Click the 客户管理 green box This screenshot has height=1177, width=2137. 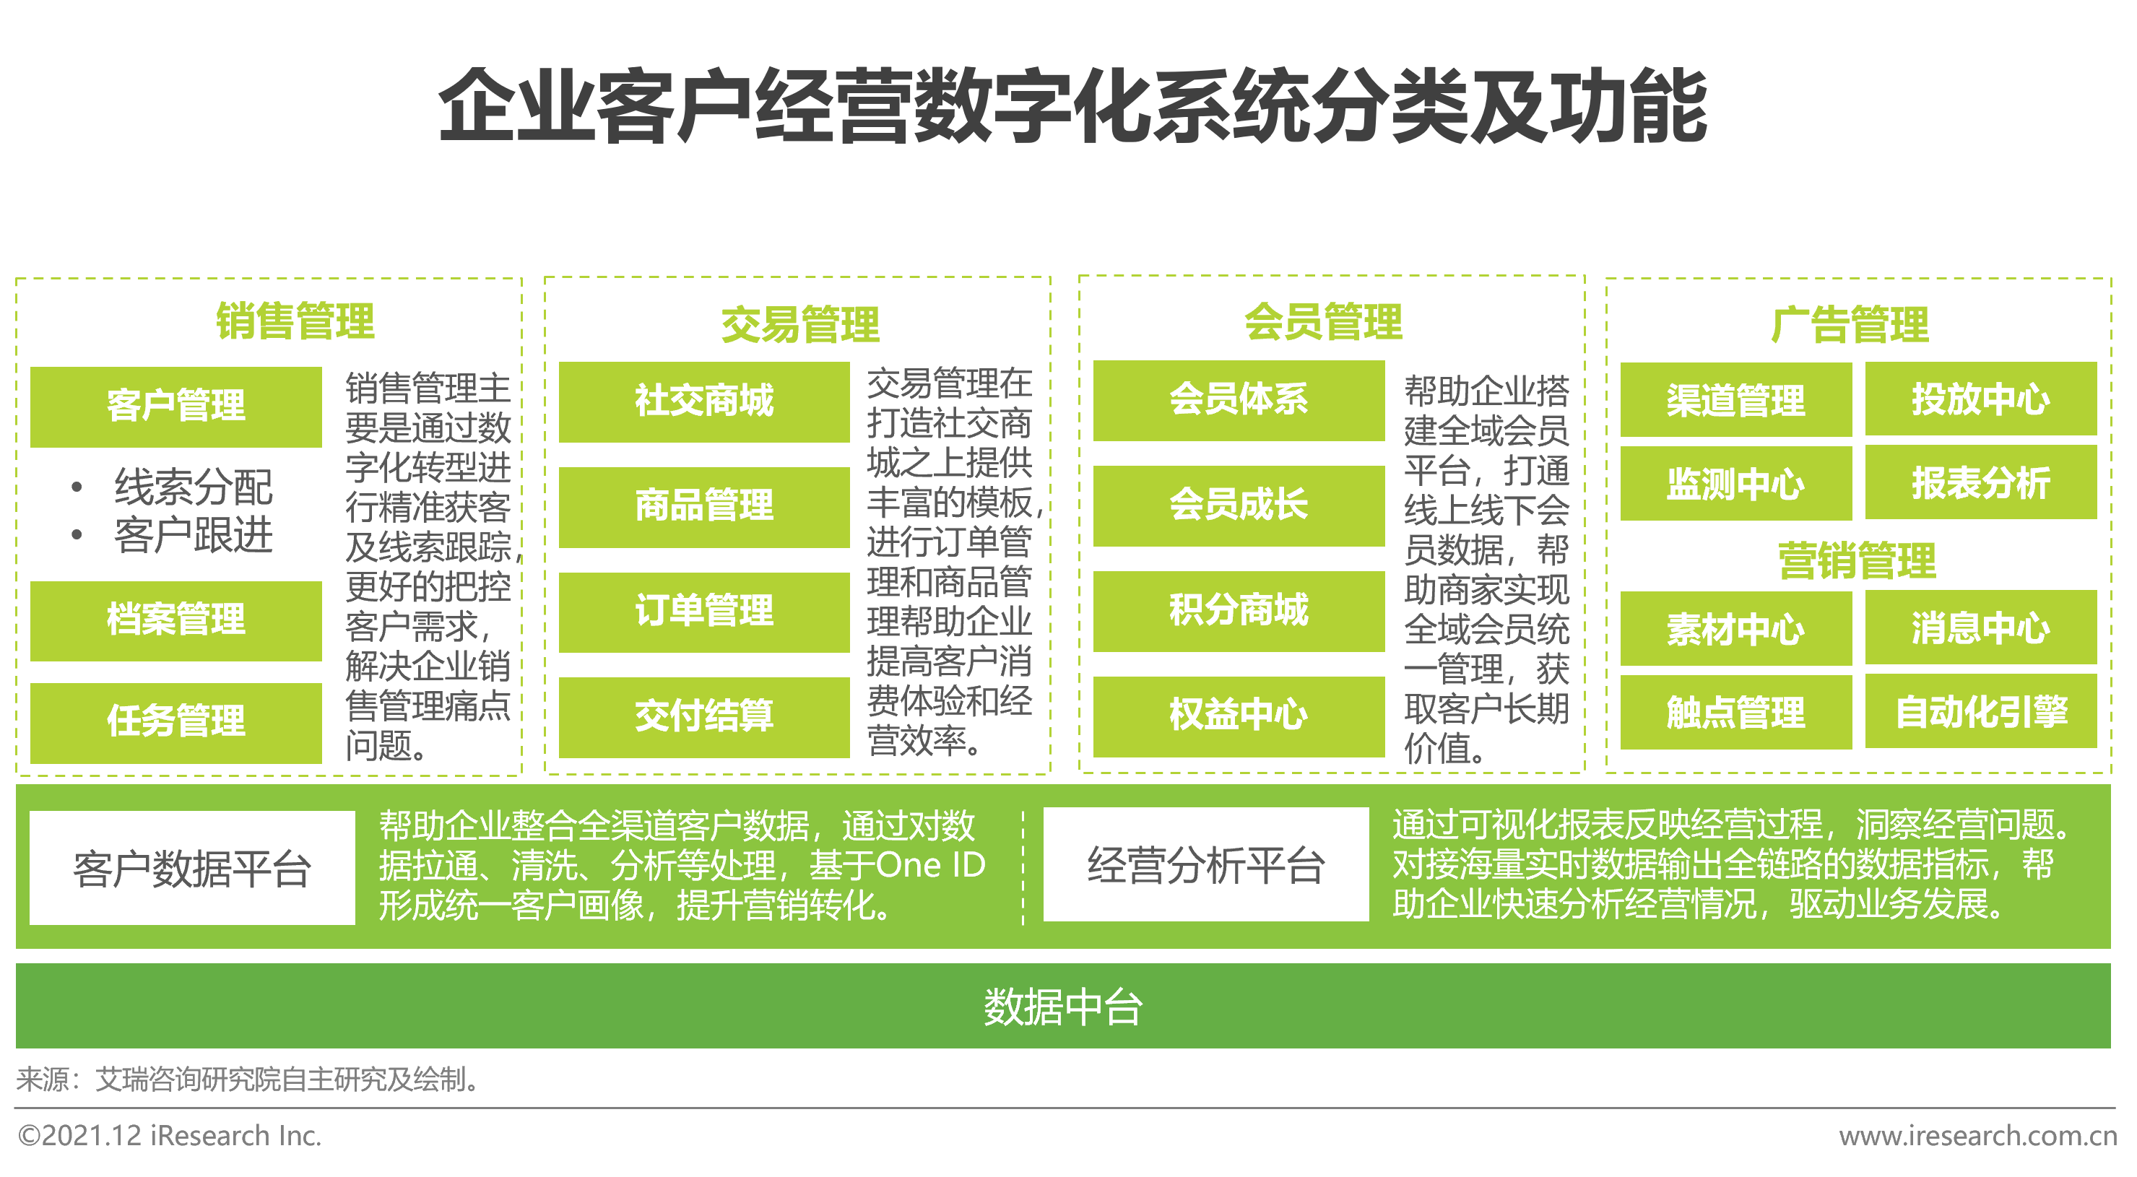pos(176,407)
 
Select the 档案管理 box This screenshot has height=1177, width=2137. pos(176,620)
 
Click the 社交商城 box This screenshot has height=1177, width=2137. pos(704,401)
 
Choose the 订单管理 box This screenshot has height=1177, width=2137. pos(704,612)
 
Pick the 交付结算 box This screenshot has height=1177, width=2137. pos(704,716)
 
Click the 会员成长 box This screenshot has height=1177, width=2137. pos(1239,505)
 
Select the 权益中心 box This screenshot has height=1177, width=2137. pos(1239,716)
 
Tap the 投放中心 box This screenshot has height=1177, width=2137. pos(1981,399)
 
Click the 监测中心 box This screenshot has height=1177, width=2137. pos(1736,484)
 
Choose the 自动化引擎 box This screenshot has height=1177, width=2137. pos(1981,712)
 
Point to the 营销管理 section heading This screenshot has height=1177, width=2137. pos(1858,561)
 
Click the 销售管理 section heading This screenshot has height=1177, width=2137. pos(295,321)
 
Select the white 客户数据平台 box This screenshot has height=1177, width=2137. pos(192,868)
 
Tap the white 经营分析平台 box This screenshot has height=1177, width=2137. pos(1206,864)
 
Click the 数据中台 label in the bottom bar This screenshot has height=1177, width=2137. pos(1064,1007)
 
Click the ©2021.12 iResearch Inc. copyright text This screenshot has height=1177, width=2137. pos(169,1136)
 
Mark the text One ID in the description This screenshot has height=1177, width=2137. pos(930,865)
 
